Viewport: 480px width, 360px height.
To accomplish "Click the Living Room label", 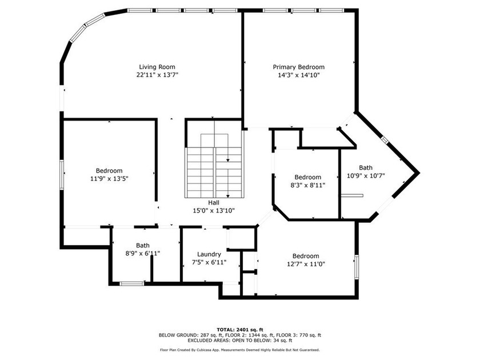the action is coord(157,67).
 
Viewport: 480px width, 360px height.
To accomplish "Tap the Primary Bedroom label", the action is coord(298,67).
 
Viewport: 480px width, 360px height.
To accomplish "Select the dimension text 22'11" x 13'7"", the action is coord(157,75).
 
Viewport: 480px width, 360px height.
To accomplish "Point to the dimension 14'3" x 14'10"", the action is coord(298,75).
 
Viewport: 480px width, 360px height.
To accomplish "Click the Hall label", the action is coord(214,202).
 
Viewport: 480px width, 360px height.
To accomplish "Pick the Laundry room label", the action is coord(209,254).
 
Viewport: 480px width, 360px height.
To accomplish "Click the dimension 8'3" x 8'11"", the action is coord(307,185).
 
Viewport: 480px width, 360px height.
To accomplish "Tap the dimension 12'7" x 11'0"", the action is coord(306,263).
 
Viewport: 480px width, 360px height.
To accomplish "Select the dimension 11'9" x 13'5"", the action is coord(109,178).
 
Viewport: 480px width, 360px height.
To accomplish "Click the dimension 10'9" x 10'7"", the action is coord(366,175).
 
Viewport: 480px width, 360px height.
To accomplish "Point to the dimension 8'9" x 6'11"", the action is coord(143,253).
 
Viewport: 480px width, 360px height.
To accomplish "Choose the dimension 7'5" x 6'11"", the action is coord(209,262).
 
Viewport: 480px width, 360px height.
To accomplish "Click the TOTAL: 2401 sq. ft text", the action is coord(240,330).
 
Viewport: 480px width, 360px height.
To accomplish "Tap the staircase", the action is coord(214,173).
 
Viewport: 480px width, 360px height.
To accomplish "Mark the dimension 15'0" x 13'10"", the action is coord(214,210).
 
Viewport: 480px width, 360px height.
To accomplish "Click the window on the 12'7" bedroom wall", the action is coord(357,267).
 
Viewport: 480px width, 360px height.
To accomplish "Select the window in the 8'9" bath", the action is coord(131,283).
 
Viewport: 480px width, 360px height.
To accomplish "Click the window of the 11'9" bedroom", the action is coord(62,175).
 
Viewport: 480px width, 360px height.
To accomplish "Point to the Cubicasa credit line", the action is coord(240,350).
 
